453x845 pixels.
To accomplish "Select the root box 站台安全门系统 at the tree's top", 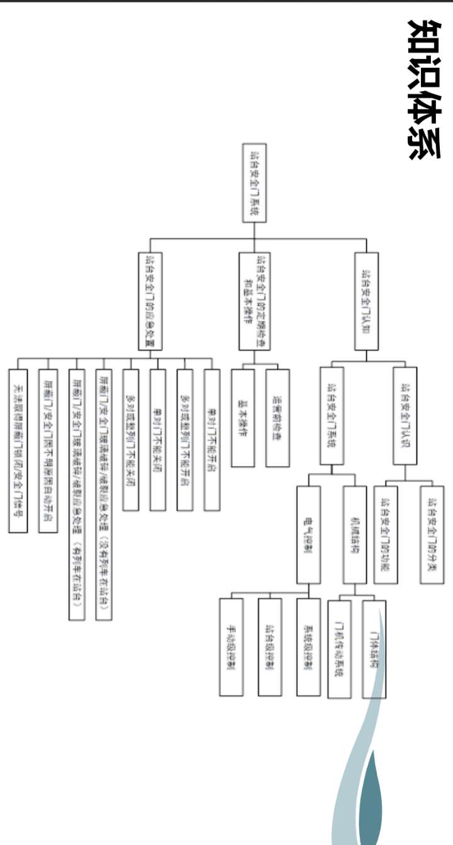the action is (x=255, y=182).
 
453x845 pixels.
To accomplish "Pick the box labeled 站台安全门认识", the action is (x=404, y=416).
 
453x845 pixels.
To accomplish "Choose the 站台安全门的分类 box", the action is (x=432, y=534).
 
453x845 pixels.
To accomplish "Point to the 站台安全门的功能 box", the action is (x=385, y=534).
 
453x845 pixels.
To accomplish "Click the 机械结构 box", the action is (x=354, y=534).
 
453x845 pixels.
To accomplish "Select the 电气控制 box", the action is (x=308, y=534).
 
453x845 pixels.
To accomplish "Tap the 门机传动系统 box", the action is (x=339, y=648).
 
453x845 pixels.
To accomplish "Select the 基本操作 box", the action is (x=243, y=417).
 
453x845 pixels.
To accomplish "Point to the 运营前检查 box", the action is (x=277, y=417).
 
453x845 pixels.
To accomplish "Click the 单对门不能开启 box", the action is (x=212, y=439).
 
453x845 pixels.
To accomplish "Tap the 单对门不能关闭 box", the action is (x=158, y=439).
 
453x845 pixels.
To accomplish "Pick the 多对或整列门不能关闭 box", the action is (x=130, y=439).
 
